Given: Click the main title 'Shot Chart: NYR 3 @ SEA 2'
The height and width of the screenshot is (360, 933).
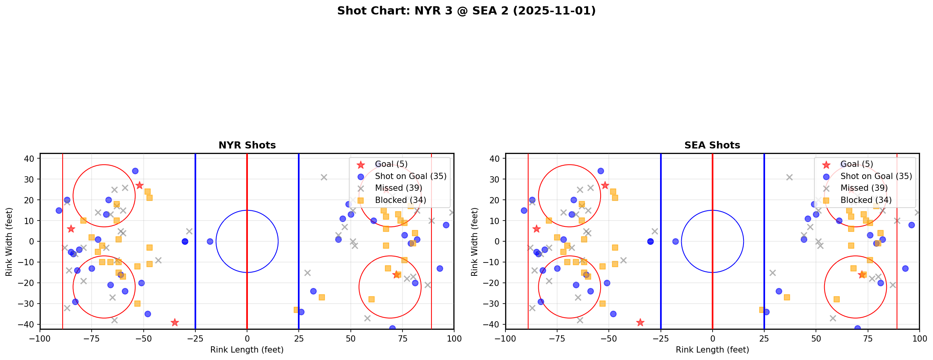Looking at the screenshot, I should (x=466, y=11).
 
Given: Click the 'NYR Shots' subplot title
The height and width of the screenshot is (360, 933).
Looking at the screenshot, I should (x=247, y=145).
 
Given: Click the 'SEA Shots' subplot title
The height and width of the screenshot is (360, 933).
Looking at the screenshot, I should (x=712, y=145).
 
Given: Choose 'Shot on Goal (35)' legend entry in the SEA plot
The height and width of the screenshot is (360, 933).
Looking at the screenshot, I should (x=876, y=176).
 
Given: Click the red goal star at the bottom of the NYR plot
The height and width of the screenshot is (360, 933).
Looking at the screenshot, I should (x=175, y=322).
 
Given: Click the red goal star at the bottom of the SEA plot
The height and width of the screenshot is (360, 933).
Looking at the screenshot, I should (x=640, y=322).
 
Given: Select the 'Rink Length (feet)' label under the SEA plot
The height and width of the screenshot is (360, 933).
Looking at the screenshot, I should (x=712, y=350).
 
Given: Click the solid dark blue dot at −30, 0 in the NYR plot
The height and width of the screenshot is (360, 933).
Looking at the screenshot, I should (x=185, y=241).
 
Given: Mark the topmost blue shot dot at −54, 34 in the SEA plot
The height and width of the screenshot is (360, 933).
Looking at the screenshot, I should (x=601, y=171).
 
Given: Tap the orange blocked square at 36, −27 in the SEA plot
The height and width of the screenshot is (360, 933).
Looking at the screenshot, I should (x=787, y=297).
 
